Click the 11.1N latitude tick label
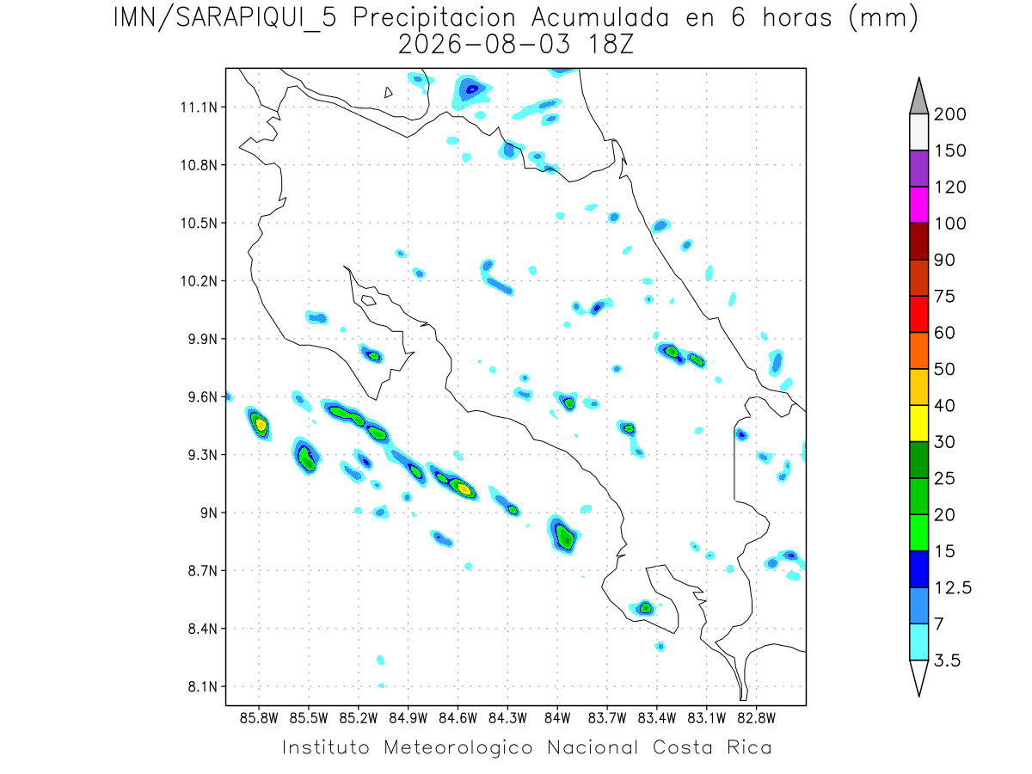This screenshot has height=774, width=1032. tap(200, 107)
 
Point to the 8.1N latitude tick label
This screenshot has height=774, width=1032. tap(203, 686)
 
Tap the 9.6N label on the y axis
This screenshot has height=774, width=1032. tap(203, 397)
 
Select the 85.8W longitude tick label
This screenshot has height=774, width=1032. tap(259, 719)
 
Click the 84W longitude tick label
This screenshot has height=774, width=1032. tap(557, 719)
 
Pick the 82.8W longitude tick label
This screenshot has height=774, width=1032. tap(756, 719)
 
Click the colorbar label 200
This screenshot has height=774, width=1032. tap(949, 114)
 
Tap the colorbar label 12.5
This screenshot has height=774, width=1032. tap(953, 588)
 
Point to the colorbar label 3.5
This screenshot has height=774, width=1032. tap(947, 660)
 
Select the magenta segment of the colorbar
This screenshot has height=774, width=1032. tap(918, 205)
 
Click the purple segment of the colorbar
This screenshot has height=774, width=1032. tap(918, 169)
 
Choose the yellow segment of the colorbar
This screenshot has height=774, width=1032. tap(918, 423)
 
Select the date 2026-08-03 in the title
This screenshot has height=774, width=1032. tap(484, 45)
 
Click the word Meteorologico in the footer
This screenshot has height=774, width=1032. tap(458, 747)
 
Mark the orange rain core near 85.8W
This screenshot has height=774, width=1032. tap(261, 426)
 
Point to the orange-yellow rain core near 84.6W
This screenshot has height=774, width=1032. tap(464, 489)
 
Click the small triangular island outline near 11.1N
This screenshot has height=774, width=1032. tap(388, 93)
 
